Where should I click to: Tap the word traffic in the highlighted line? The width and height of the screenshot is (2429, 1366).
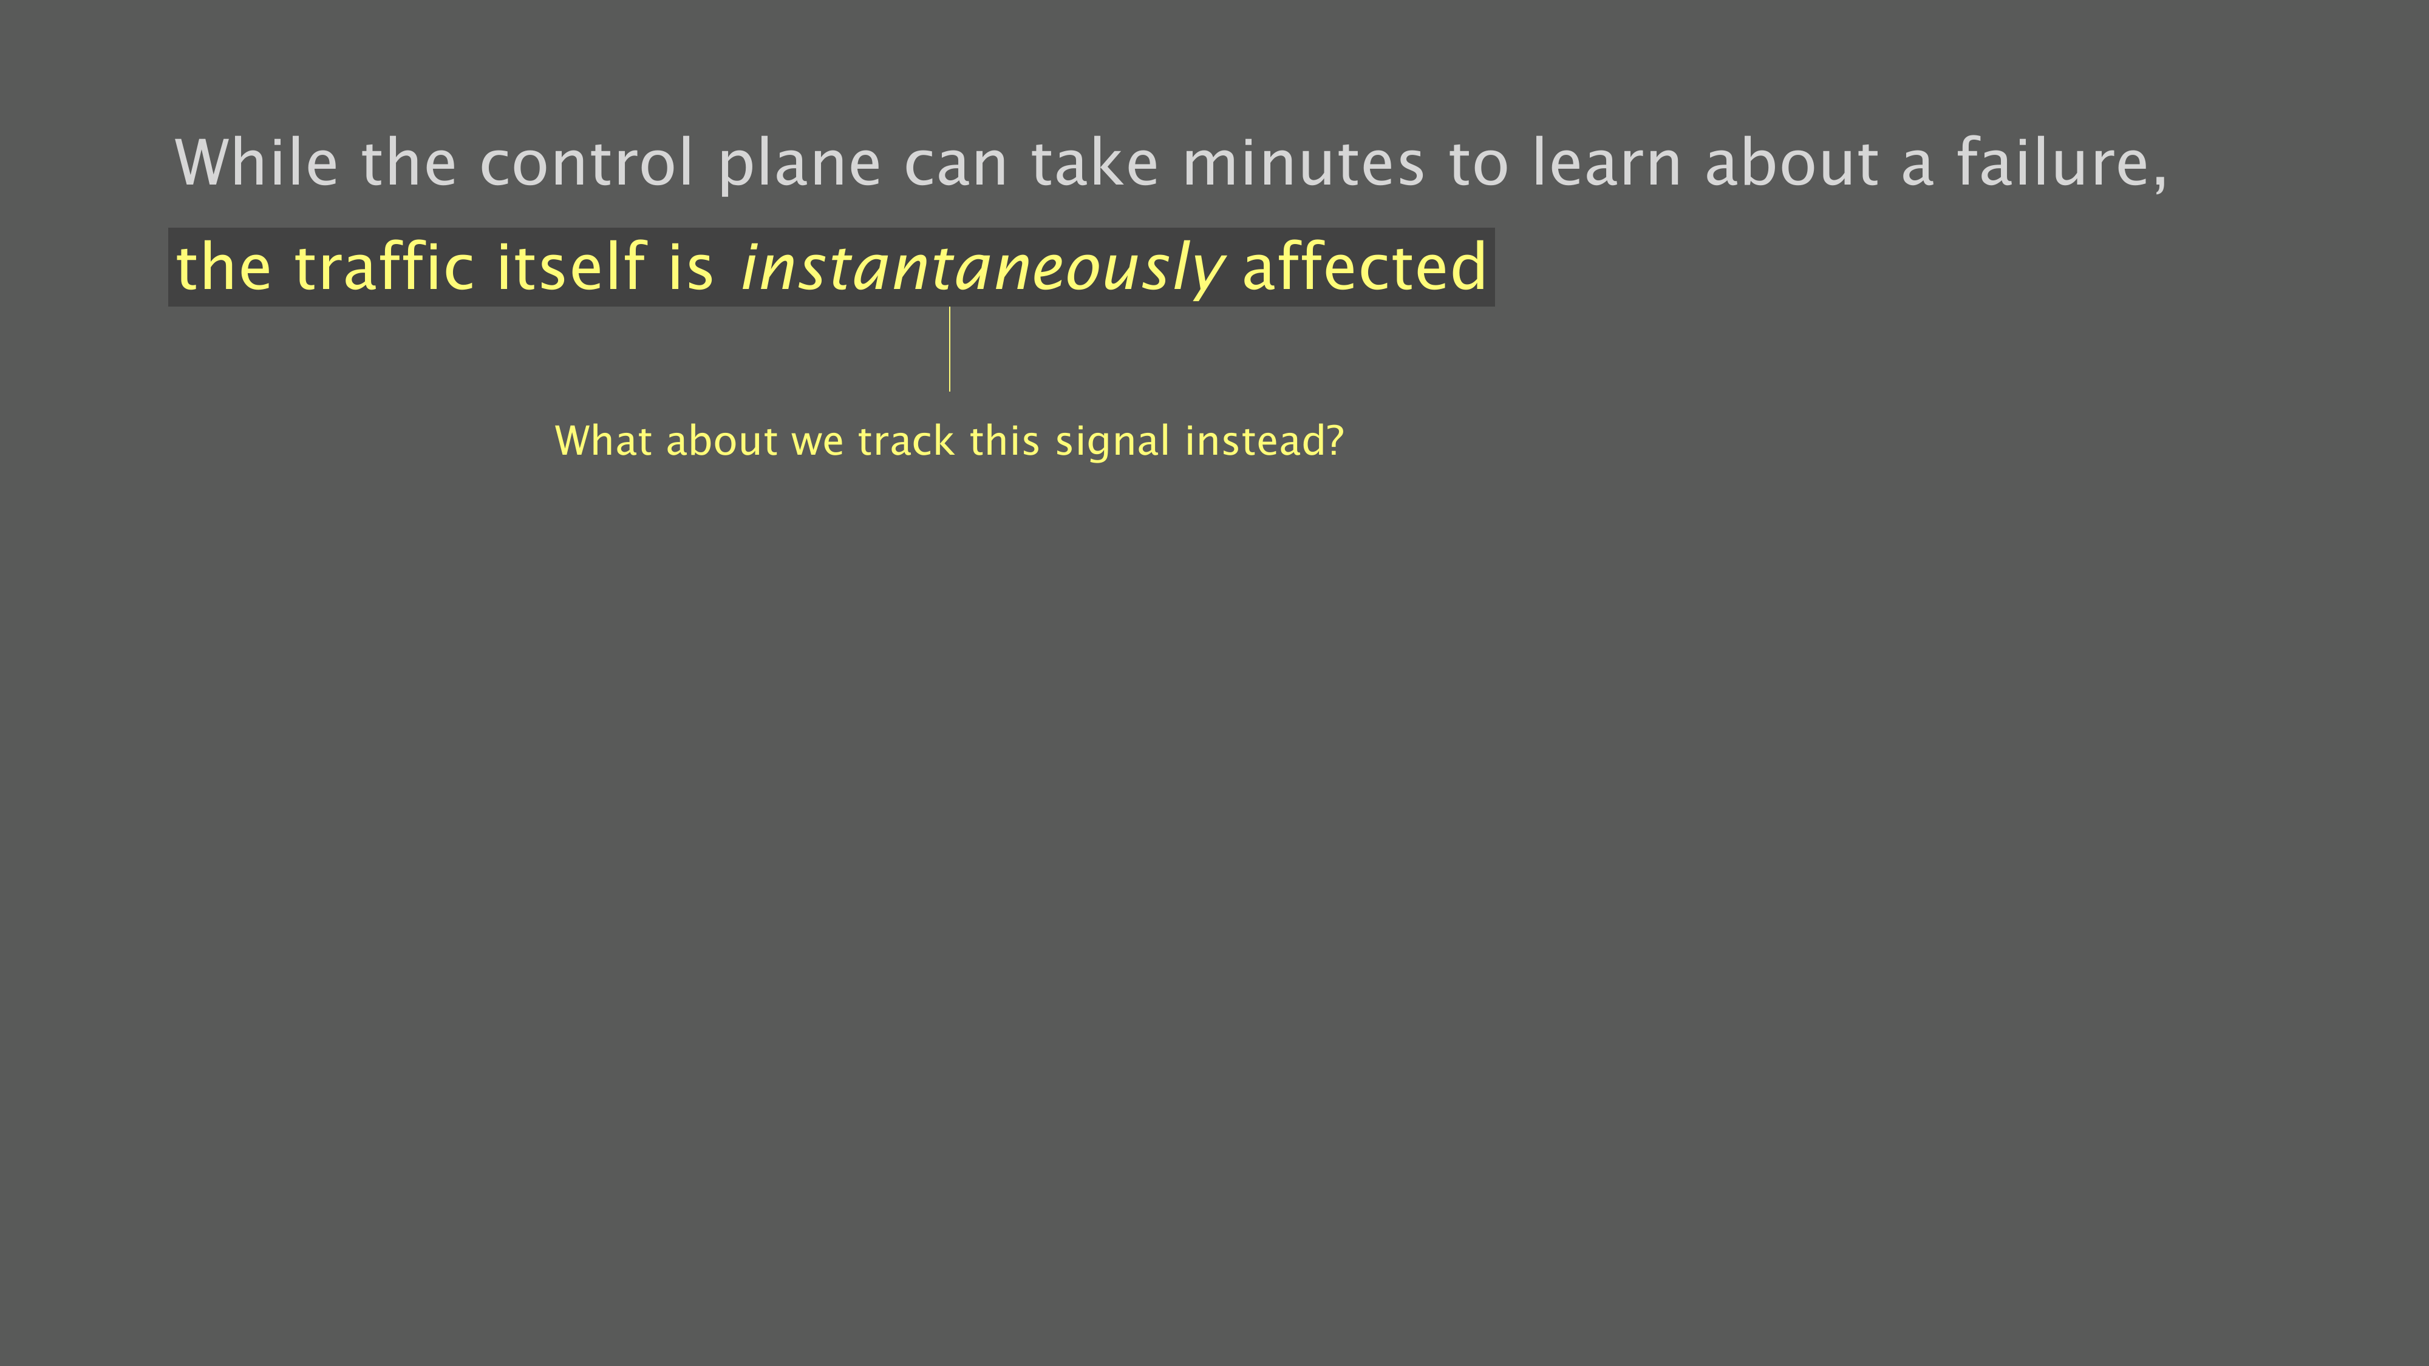tap(384, 266)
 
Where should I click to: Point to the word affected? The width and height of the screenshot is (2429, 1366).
tap(1364, 266)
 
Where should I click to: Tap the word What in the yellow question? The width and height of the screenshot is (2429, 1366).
tap(604, 441)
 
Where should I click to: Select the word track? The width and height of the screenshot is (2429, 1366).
tap(906, 441)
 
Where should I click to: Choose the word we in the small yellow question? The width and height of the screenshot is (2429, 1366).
tap(817, 444)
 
